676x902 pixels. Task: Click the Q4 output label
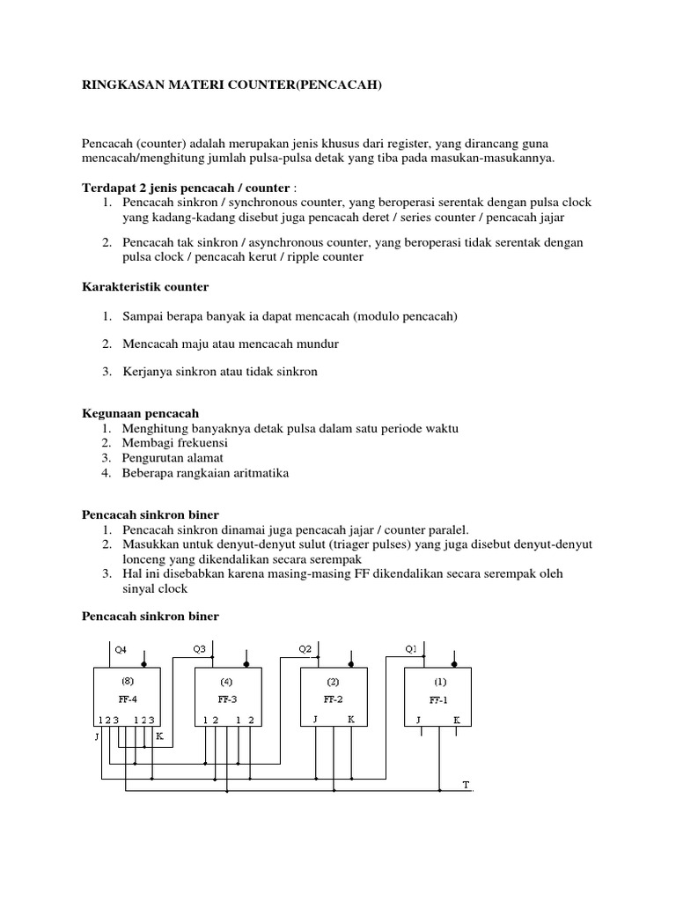click(121, 649)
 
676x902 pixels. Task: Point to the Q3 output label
click(199, 649)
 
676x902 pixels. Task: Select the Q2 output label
click(305, 649)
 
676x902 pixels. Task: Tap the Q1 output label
click(410, 649)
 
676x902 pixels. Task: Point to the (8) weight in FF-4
click(128, 681)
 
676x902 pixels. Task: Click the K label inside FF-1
click(457, 720)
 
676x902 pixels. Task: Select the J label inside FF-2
click(315, 720)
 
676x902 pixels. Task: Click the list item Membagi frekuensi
click(175, 442)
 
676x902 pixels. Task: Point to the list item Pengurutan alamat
click(173, 457)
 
